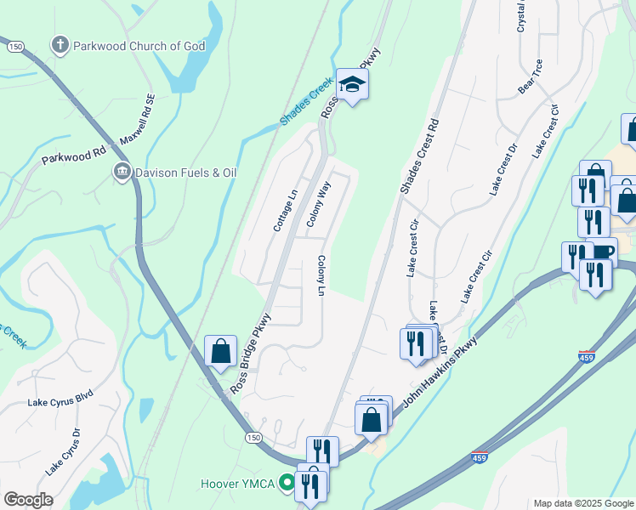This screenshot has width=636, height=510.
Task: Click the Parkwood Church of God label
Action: (139, 46)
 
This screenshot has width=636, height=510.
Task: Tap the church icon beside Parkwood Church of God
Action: (60, 45)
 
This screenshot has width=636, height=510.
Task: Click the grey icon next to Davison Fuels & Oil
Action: (122, 173)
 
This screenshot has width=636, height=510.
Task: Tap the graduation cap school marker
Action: (352, 84)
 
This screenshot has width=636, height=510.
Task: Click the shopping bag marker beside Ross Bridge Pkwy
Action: (220, 351)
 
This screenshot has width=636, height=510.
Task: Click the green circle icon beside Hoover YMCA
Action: (287, 484)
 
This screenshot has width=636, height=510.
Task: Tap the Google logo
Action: (28, 499)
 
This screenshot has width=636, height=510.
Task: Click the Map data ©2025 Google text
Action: (582, 503)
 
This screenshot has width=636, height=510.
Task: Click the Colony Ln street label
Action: (321, 276)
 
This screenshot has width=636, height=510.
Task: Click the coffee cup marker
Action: (602, 252)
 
